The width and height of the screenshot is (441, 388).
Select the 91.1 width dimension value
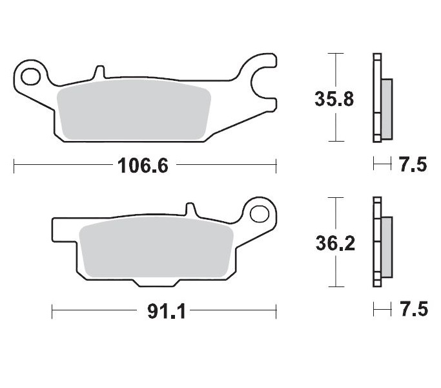click(167, 312)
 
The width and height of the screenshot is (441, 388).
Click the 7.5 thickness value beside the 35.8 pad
click(413, 166)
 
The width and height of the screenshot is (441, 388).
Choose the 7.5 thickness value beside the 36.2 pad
click(413, 310)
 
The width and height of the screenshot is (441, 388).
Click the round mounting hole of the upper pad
click(28, 76)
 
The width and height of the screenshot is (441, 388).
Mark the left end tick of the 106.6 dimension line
click(14, 166)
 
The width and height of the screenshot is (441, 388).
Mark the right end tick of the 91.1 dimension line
click(276, 311)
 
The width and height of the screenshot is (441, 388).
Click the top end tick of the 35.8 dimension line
click(334, 54)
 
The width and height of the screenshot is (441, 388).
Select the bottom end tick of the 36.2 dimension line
click(334, 286)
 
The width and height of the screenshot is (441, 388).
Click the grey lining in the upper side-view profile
click(386, 107)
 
